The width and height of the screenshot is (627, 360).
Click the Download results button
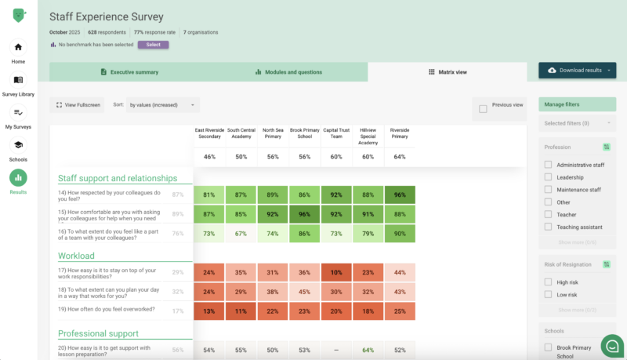tap(577, 71)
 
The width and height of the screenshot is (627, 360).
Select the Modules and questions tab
tap(288, 72)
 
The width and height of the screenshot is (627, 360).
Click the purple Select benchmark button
tap(153, 45)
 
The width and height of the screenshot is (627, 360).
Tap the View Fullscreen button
tap(78, 104)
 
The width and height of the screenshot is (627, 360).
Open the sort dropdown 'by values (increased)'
tap(163, 104)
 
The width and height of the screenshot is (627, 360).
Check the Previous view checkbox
tap(483, 109)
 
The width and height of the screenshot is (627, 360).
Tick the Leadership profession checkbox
tap(549, 177)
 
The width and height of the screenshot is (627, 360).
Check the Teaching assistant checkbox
tap(549, 227)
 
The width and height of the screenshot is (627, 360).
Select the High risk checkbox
tap(549, 282)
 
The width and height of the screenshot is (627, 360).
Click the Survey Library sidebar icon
tap(18, 80)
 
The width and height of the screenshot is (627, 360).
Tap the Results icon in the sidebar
tap(18, 177)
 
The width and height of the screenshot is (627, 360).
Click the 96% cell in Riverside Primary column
tap(400, 195)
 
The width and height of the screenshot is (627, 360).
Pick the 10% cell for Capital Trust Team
tap(336, 273)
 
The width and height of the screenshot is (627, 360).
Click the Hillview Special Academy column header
tap(368, 136)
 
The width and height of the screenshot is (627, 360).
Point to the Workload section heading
tap(76, 256)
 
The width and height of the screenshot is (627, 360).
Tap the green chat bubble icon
tap(611, 344)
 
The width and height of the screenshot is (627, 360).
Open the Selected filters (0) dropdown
tap(578, 123)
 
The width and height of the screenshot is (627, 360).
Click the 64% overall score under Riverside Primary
tap(400, 157)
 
